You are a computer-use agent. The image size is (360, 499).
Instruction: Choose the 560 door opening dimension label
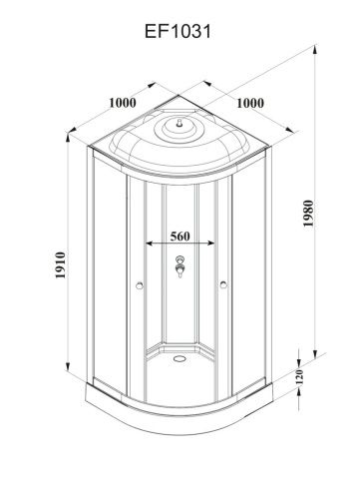click(180, 237)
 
